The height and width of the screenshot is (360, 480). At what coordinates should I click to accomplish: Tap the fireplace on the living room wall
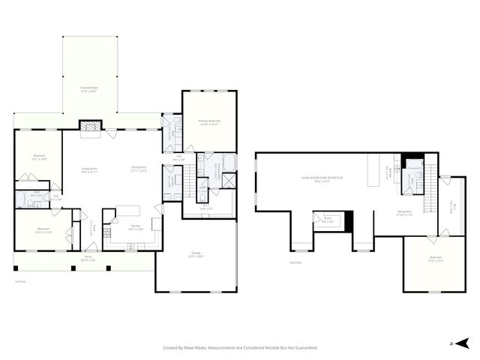(90, 127)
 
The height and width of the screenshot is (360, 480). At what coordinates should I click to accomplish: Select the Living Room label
(90, 170)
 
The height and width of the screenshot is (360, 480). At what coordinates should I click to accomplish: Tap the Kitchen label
(136, 227)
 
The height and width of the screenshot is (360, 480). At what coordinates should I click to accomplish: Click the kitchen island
(127, 211)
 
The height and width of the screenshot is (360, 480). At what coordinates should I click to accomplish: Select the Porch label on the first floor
(88, 259)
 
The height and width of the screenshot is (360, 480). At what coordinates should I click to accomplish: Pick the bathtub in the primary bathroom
(228, 163)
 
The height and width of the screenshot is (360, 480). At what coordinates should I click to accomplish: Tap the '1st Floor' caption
(20, 282)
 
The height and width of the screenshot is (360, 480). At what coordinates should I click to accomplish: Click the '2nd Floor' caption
(295, 262)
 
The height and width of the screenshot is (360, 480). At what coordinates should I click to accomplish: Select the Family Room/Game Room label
(322, 179)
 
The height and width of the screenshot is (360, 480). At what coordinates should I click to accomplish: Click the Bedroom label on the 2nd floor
(436, 260)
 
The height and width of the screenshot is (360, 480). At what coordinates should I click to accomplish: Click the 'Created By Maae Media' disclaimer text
(240, 348)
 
